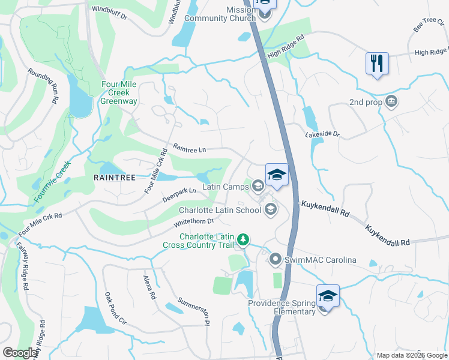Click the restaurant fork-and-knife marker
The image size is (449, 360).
pos(377,63)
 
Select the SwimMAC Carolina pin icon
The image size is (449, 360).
pos(276,260)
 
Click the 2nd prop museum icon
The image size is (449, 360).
pos(391,101)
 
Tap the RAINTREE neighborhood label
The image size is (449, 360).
pos(114,178)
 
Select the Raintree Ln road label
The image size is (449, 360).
pos(190,148)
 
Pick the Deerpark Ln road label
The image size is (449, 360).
pos(179,193)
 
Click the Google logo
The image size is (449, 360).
pos(20,353)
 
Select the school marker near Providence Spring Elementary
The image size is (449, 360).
pos(328,296)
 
